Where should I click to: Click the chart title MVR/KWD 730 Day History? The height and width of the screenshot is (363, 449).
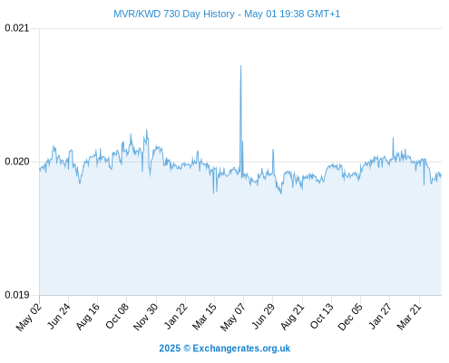[x=174, y=14]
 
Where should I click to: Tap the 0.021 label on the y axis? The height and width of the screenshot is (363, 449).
[x=17, y=28]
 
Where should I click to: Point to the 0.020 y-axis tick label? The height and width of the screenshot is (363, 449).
[x=17, y=162]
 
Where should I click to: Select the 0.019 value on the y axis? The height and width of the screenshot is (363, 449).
[x=17, y=295]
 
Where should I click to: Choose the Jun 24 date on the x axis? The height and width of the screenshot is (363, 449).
[x=59, y=316]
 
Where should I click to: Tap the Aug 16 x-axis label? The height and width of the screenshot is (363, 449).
[x=87, y=317]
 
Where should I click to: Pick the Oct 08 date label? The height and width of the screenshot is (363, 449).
[x=117, y=316]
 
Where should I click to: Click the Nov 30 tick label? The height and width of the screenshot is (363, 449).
[x=145, y=317]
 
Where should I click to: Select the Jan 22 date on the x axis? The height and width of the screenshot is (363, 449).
[x=176, y=316]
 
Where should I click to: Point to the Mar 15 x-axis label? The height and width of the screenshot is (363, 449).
[x=204, y=317]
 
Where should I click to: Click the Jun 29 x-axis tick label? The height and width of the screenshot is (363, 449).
[x=263, y=316]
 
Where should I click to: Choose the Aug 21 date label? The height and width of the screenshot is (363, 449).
[x=292, y=317]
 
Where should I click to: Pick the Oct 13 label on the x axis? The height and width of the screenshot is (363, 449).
[x=322, y=316]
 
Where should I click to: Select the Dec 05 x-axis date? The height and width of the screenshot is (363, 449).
[x=350, y=317]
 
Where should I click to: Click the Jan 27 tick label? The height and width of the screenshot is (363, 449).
[x=380, y=316]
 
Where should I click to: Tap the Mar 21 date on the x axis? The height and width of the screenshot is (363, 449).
[x=409, y=317]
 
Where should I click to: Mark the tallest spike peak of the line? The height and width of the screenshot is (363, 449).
[x=240, y=65]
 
